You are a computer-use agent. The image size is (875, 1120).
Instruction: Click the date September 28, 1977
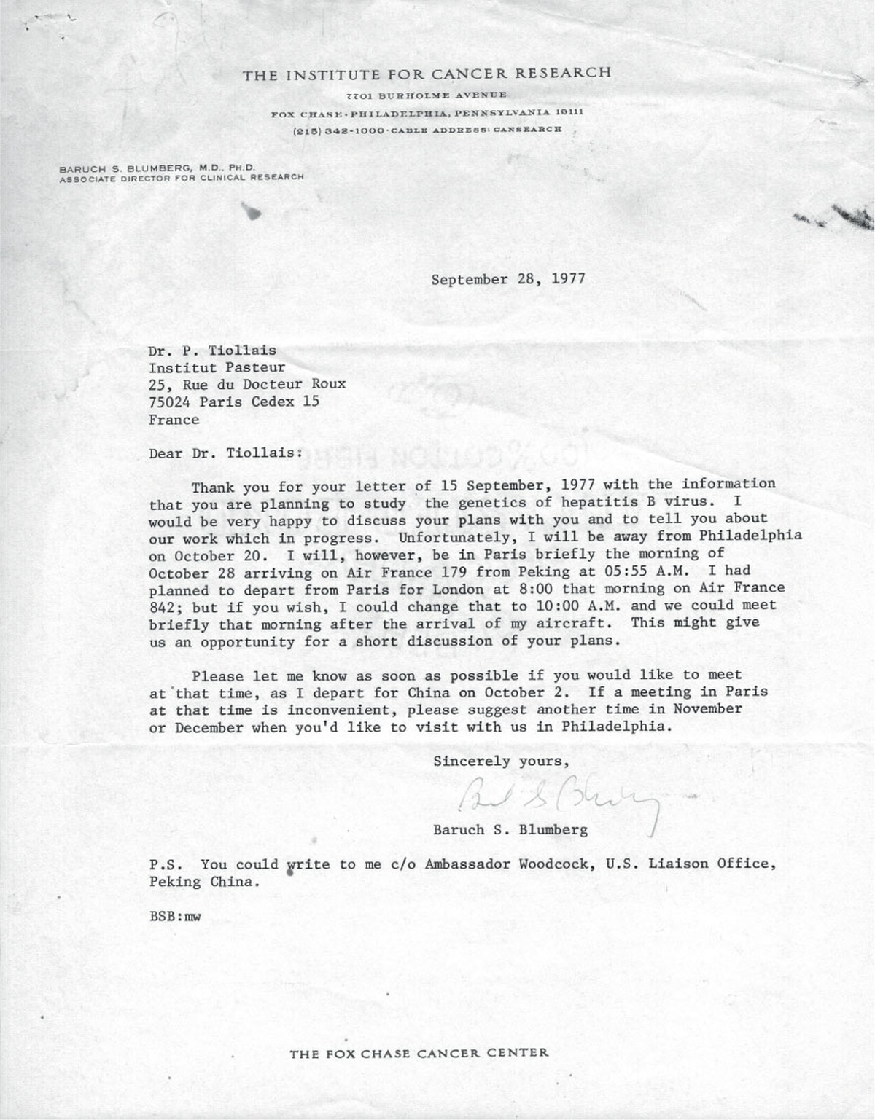[x=507, y=279]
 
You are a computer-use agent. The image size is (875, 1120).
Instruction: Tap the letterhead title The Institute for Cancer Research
[x=427, y=74]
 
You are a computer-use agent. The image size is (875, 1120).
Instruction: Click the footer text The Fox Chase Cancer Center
[x=419, y=1053]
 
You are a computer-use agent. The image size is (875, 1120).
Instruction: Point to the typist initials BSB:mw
[x=175, y=917]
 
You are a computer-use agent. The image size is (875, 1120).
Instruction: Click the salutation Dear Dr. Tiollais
[x=225, y=453]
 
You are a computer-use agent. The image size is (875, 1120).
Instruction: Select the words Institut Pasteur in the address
[x=217, y=368]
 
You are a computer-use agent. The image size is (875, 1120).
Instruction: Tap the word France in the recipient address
[x=174, y=420]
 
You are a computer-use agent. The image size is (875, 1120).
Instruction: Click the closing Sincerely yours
[x=501, y=761]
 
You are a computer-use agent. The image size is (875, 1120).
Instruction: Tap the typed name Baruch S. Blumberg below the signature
[x=510, y=830]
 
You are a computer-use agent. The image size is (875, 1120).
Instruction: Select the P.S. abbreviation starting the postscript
[x=164, y=865]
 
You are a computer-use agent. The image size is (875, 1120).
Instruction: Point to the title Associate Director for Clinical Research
[x=182, y=178]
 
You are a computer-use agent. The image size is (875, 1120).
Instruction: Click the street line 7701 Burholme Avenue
[x=427, y=95]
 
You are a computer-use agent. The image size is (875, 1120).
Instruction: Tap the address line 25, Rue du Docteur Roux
[x=247, y=385]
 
